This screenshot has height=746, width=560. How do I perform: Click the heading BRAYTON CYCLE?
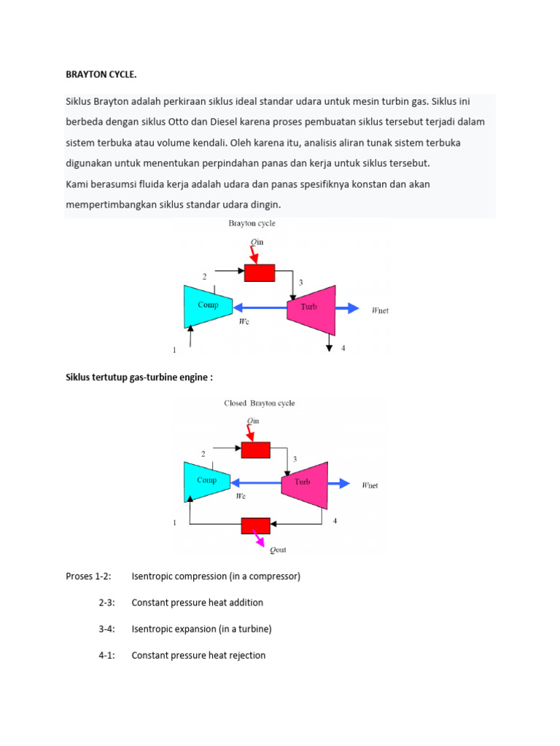101,74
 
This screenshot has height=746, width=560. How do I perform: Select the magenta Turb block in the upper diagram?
311,307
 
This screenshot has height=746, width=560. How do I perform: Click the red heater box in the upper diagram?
259,272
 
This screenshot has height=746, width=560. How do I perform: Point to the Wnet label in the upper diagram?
380,310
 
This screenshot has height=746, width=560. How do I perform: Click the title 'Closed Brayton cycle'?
259,403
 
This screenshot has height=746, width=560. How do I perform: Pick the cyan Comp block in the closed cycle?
207,481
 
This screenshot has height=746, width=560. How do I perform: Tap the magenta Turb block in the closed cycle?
304,483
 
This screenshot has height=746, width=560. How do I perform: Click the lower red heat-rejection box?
256,525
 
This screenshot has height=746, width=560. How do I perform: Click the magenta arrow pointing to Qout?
258,540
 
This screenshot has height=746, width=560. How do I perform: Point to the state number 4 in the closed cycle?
335,521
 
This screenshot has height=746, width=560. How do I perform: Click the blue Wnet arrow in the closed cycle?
341,482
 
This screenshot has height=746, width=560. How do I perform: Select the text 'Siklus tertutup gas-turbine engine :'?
139,377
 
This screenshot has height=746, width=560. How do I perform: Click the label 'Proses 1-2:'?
88,576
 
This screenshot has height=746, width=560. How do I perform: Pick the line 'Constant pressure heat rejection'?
198,655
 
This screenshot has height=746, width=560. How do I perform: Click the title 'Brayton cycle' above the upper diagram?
252,224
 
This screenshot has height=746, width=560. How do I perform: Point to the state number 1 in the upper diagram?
174,350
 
